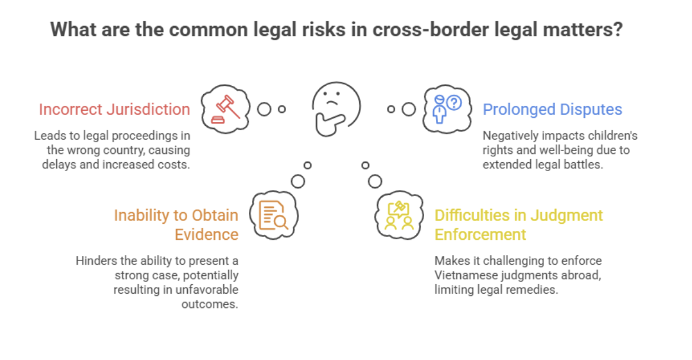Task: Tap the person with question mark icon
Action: (x=446, y=108)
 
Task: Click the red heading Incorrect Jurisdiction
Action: (x=114, y=110)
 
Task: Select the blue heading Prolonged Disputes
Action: (x=552, y=110)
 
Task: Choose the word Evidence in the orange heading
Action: (x=206, y=234)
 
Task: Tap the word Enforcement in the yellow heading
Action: (x=480, y=234)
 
